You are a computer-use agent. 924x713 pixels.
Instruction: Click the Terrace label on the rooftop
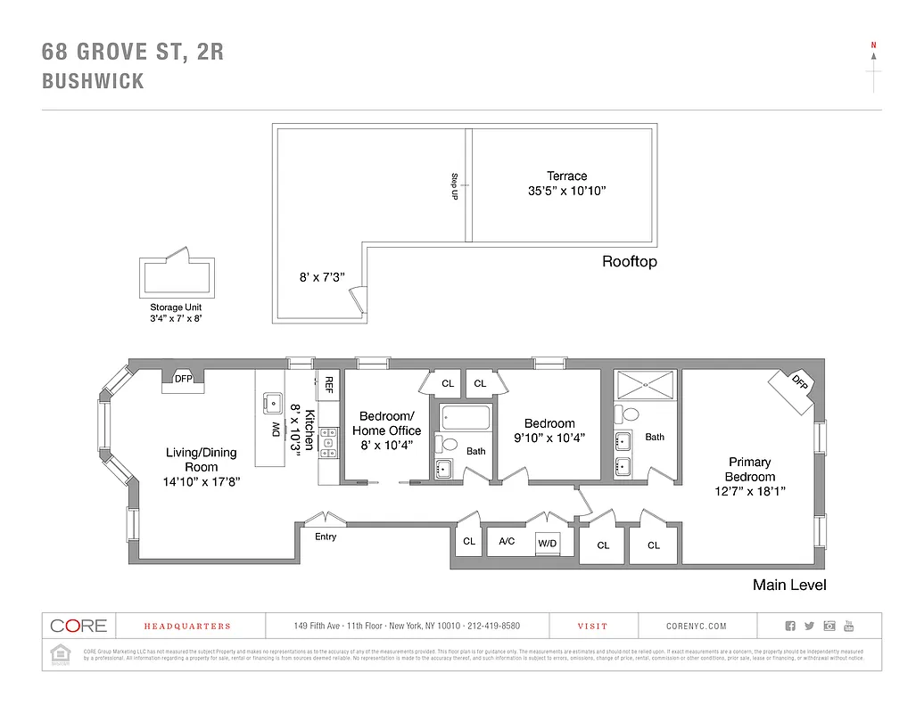pyautogui.click(x=566, y=176)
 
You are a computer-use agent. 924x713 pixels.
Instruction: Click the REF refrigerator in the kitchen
pyautogui.click(x=328, y=384)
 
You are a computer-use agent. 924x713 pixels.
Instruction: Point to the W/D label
pyautogui.click(x=547, y=543)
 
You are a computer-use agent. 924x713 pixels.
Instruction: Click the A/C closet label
pyautogui.click(x=507, y=541)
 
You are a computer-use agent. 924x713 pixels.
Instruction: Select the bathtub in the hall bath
pyautogui.click(x=465, y=418)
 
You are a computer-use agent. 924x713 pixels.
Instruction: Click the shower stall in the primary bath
pyautogui.click(x=647, y=384)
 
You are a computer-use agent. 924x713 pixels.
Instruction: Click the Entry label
pyautogui.click(x=326, y=537)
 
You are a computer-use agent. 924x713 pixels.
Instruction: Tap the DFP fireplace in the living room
pyautogui.click(x=183, y=379)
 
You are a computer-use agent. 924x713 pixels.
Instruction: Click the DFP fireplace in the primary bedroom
pyautogui.click(x=797, y=382)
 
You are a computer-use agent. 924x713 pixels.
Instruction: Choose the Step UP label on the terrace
pyautogui.click(x=454, y=185)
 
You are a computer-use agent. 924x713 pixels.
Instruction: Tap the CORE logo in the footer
pyautogui.click(x=78, y=626)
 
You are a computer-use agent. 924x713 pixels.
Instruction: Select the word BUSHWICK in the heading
pyautogui.click(x=93, y=82)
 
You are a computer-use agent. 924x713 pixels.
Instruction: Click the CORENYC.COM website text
pyautogui.click(x=697, y=627)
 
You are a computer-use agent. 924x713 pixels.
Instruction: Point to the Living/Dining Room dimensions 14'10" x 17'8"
pyautogui.click(x=202, y=481)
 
